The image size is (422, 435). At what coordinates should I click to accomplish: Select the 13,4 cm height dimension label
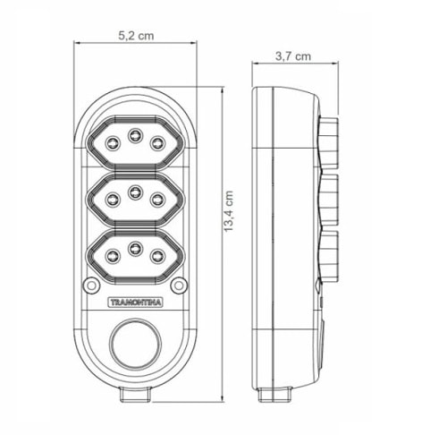pyautogui.click(x=231, y=215)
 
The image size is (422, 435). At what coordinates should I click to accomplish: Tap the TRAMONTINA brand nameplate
pyautogui.click(x=134, y=303)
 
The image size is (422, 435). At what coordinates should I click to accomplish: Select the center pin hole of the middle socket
pyautogui.click(x=134, y=191)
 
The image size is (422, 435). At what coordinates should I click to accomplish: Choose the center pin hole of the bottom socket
pyautogui.click(x=134, y=248)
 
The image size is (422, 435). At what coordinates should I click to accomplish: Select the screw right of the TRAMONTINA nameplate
pyautogui.click(x=179, y=286)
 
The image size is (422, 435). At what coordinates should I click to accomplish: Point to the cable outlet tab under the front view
pyautogui.click(x=133, y=392)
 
